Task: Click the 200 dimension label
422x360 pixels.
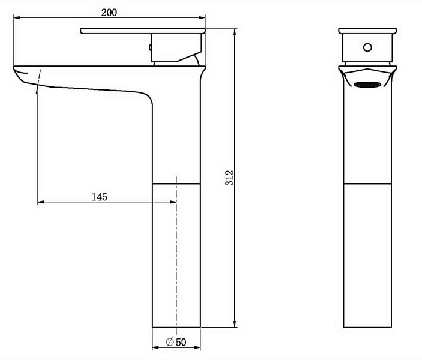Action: (x=109, y=13)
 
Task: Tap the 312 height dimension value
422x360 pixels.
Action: (x=229, y=178)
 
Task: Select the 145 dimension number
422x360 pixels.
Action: (x=99, y=197)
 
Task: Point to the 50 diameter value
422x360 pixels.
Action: (x=181, y=342)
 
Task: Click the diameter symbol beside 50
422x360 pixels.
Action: (x=170, y=342)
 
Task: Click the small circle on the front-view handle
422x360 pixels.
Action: (x=367, y=47)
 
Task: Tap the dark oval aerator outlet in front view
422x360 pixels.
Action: (x=367, y=85)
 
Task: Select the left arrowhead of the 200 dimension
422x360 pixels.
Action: (x=17, y=18)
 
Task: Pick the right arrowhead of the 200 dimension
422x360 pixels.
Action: (x=202, y=18)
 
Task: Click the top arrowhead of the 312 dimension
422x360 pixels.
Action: (x=235, y=32)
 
